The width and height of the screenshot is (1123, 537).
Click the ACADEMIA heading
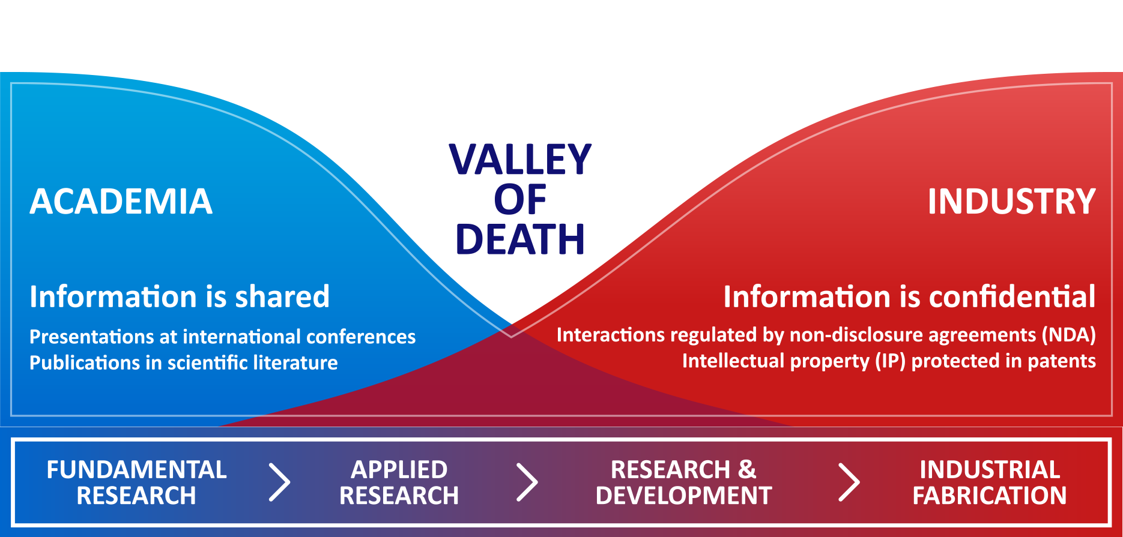(121, 201)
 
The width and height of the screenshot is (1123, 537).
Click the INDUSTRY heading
(1012, 201)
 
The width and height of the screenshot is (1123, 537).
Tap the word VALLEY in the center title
(521, 160)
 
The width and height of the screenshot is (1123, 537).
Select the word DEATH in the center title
(521, 239)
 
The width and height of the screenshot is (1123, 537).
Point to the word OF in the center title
(521, 200)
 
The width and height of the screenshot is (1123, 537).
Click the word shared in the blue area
(282, 296)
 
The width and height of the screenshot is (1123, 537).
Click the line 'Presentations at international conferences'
(223, 337)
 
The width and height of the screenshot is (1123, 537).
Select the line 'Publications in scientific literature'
(184, 362)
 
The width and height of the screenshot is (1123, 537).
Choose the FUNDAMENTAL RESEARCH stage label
(136, 482)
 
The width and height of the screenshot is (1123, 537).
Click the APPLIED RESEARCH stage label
(399, 482)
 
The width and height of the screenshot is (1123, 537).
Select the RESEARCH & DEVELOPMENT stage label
(684, 482)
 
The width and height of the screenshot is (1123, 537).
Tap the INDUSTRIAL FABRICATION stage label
(990, 482)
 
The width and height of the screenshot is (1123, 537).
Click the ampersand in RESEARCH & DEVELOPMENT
(747, 470)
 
